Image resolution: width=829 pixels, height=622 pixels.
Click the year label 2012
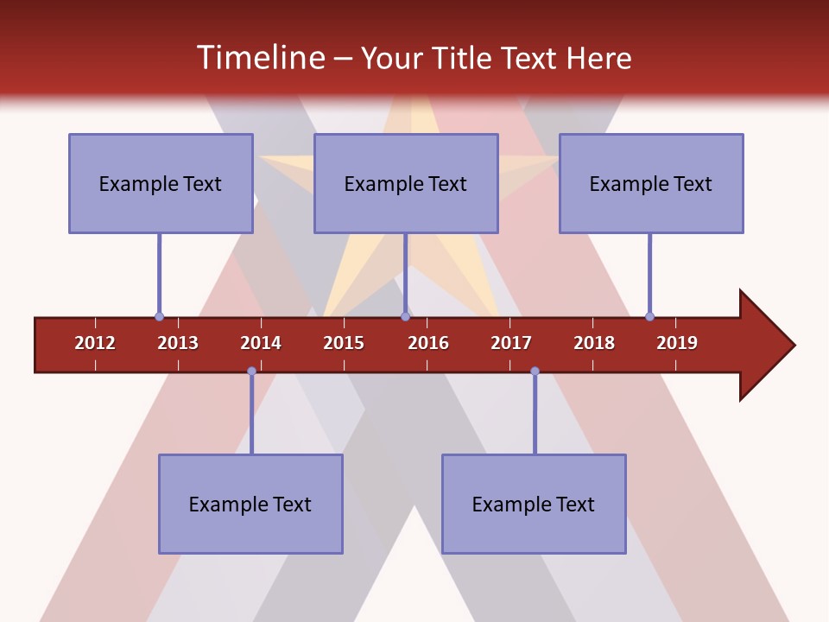(95, 343)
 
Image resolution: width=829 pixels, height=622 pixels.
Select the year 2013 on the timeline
(178, 343)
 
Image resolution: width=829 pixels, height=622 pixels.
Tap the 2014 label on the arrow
(261, 343)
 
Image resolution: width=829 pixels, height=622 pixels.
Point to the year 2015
(344, 343)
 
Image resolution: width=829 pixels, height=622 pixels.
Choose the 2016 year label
(428, 343)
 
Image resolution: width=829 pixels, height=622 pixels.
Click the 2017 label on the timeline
(511, 343)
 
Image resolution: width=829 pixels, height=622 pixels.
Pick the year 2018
(594, 343)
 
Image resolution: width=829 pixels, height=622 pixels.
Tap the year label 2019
(677, 343)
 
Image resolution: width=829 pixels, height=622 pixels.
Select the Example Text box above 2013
(161, 183)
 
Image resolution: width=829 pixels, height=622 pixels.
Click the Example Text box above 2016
(406, 183)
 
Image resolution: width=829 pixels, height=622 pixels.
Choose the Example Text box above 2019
(651, 183)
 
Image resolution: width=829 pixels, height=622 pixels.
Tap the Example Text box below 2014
(250, 504)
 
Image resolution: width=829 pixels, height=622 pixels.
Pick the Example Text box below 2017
(534, 504)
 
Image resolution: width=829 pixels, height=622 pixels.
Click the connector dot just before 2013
(159, 316)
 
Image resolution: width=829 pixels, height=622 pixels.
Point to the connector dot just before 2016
(405, 316)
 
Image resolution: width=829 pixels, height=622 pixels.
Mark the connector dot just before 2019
(649, 316)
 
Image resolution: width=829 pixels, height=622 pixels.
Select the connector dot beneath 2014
(251, 371)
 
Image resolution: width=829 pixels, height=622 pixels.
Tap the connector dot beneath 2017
(535, 371)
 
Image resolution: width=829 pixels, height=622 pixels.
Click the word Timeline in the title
(260, 58)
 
